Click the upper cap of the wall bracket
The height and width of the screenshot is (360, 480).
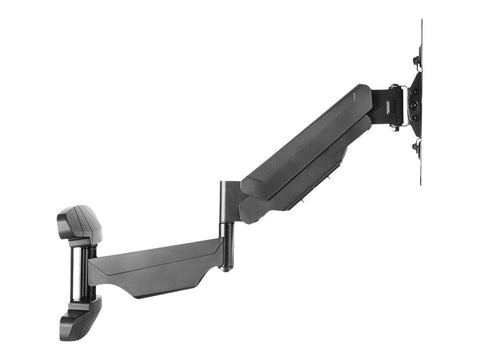coord(81,225)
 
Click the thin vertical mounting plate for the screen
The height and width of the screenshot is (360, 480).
coord(420,100)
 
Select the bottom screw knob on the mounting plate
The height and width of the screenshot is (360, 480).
coord(416,148)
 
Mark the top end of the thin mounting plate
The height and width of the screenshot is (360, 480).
coord(420,22)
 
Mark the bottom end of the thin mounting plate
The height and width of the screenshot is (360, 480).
coord(420,183)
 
